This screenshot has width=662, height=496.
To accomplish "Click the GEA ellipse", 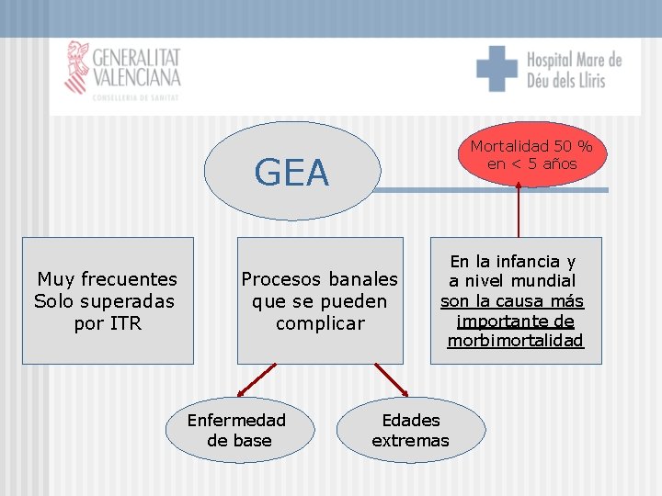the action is (x=291, y=172).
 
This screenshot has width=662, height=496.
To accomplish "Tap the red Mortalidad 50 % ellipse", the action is (x=531, y=154).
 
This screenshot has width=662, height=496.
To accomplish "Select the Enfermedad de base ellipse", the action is (x=237, y=430).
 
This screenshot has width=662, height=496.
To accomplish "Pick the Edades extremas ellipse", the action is (x=410, y=430).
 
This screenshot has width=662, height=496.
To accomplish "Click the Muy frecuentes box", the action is (x=108, y=300).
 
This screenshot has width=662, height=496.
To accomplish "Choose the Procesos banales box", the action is (x=320, y=300).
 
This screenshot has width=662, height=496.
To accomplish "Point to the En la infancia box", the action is (x=515, y=300).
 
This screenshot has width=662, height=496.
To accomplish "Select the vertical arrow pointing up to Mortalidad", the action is (x=519, y=211).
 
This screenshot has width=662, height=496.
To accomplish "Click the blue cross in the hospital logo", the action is (x=496, y=69).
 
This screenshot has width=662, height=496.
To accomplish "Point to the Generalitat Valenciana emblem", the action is (x=76, y=67).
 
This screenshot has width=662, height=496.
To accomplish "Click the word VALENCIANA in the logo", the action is (x=136, y=77).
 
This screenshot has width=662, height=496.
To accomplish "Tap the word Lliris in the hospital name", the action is (x=587, y=81).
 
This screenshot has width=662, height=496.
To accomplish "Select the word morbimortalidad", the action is (x=515, y=341).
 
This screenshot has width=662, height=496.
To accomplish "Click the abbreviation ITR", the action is (x=125, y=323).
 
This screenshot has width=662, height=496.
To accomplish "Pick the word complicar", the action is (x=320, y=323).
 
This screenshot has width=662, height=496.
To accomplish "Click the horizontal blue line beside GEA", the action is (x=492, y=190).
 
